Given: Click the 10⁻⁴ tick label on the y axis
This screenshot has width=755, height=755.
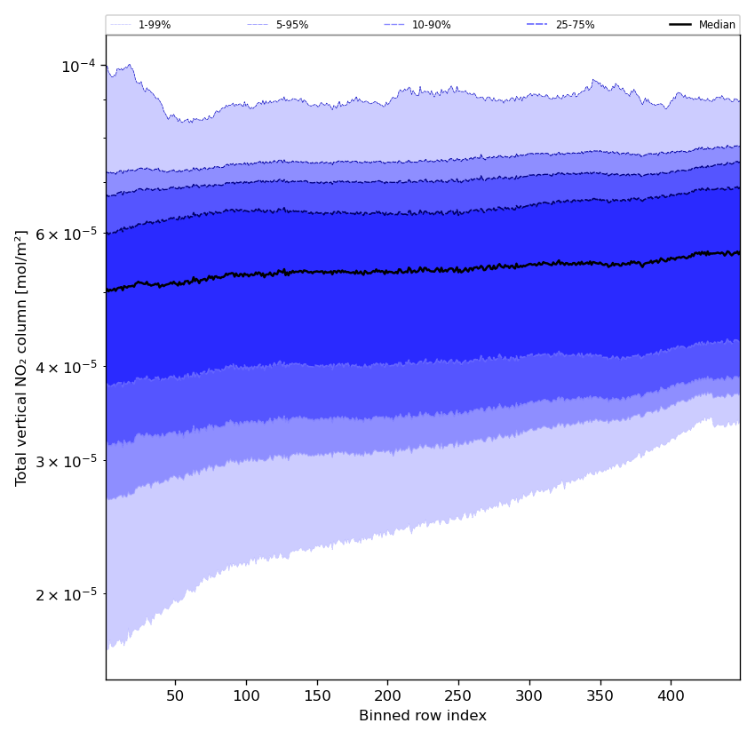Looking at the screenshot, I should coord(78,66).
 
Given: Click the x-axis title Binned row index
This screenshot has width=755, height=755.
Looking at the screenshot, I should coord(423,716).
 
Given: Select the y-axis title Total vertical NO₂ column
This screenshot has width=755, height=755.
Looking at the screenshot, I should coord(22,357).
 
